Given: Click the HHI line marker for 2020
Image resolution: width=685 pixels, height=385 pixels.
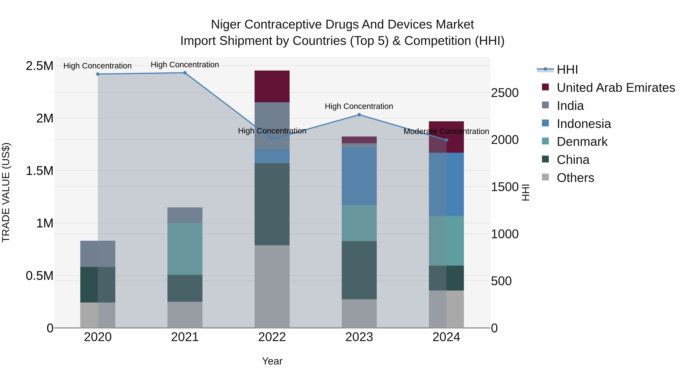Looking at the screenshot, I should point(98,74).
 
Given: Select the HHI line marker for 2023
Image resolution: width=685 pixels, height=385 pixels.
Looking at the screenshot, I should point(359,115).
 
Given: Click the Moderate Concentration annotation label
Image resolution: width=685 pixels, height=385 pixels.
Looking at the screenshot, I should point(446,132).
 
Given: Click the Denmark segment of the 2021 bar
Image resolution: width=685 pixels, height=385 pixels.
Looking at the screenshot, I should point(185,249).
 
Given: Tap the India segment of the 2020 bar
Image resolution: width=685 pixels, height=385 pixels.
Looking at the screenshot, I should point(98,254).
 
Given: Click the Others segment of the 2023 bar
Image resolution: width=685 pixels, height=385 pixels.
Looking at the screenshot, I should point(359,314).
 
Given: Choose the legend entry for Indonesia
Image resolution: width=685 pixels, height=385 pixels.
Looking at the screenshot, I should point(584,124).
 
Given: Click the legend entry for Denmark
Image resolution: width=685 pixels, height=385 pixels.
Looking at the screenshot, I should point(582,142).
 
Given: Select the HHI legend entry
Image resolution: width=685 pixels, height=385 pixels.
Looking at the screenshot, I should point(567,70).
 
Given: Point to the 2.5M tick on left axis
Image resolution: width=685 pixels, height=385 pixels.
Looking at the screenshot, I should point(40,66).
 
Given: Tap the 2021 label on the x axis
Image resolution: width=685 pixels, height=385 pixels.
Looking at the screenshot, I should point(185,337).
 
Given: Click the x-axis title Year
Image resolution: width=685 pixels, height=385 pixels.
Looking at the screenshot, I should point(272,361).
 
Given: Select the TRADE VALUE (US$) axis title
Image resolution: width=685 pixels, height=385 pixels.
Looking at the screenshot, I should point(6,192).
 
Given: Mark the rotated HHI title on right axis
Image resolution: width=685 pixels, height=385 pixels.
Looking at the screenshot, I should point(525,192).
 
